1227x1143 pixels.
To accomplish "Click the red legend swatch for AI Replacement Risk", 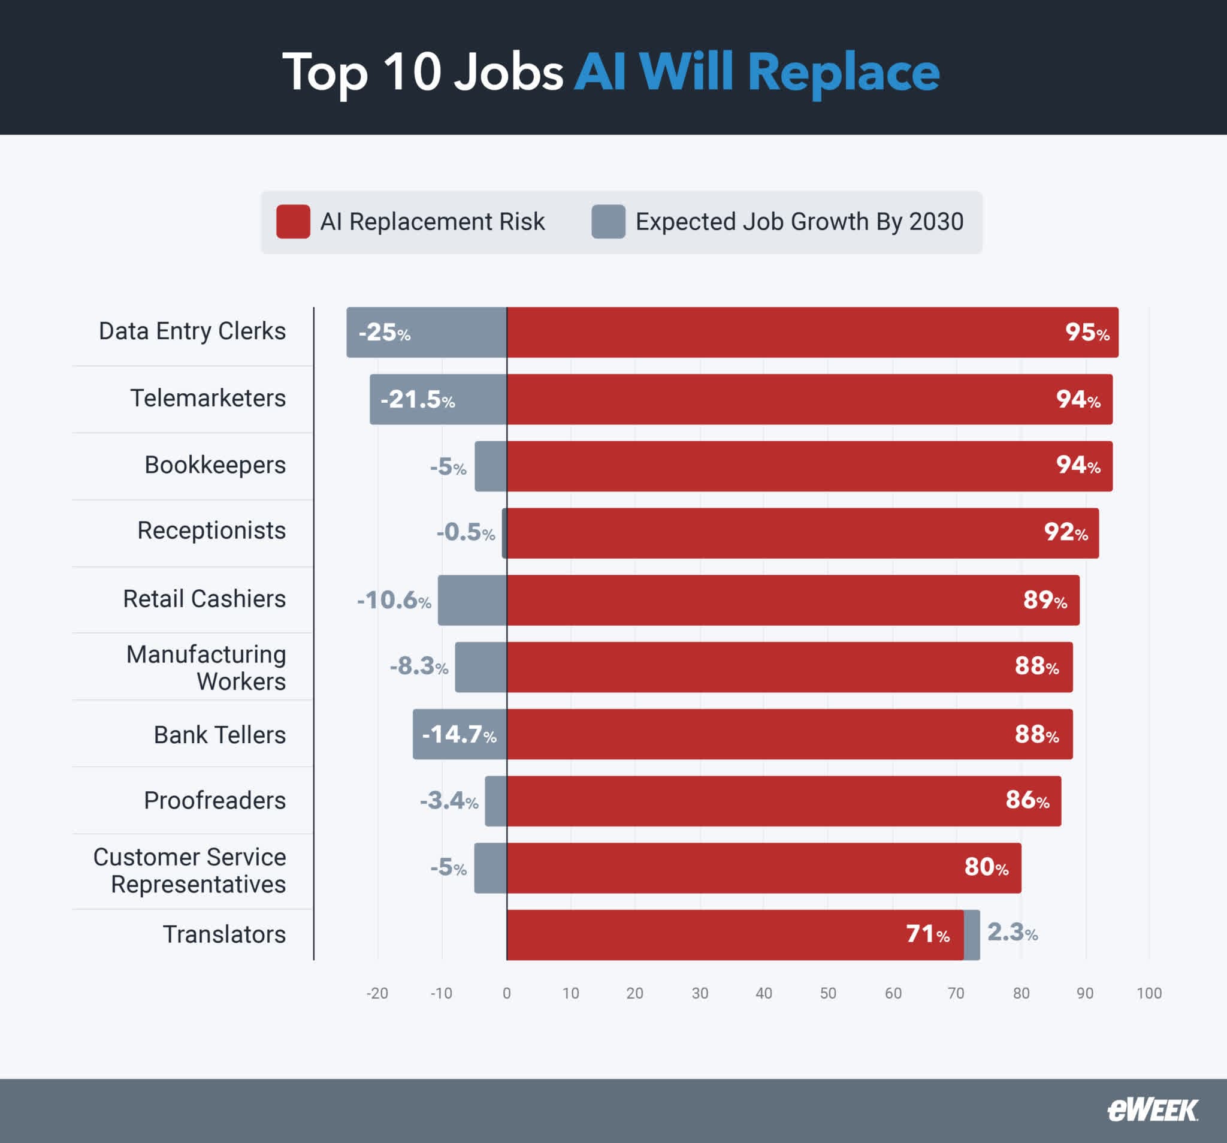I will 293,222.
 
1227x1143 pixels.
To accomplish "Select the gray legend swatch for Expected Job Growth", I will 608,222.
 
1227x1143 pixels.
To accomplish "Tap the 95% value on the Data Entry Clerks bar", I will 1087,333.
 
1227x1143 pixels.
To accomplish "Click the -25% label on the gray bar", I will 385,333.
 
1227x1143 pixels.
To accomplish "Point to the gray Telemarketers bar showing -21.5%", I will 437,400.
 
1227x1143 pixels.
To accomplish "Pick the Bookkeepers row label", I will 215,465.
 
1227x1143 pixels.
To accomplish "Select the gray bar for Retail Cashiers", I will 472,600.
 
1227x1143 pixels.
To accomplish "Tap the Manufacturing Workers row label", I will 207,668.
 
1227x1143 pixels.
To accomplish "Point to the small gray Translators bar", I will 972,935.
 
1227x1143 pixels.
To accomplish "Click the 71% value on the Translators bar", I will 927,934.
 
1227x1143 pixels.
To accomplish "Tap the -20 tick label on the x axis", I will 377,994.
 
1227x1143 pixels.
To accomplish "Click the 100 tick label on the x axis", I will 1149,994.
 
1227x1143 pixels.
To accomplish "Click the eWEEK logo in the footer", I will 1152,1110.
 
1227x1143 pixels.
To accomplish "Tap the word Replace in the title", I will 844,73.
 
